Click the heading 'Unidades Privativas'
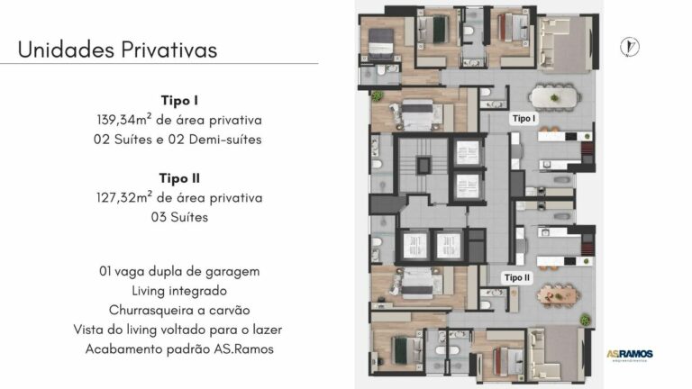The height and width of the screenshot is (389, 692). [x=117, y=50]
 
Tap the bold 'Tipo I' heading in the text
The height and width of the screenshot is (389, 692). [x=178, y=100]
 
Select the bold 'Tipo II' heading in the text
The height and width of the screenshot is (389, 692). [x=178, y=178]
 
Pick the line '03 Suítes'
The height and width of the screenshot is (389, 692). [x=179, y=217]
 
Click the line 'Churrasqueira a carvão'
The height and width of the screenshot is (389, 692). [x=179, y=310]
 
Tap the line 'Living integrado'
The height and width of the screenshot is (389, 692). [x=179, y=290]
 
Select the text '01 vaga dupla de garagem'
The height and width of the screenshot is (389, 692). [x=179, y=270]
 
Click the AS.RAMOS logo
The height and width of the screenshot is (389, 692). [x=629, y=354]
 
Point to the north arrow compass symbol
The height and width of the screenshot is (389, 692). [x=630, y=48]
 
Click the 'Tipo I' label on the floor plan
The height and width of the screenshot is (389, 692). [x=524, y=118]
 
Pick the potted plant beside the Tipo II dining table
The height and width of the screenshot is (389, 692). [x=584, y=320]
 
